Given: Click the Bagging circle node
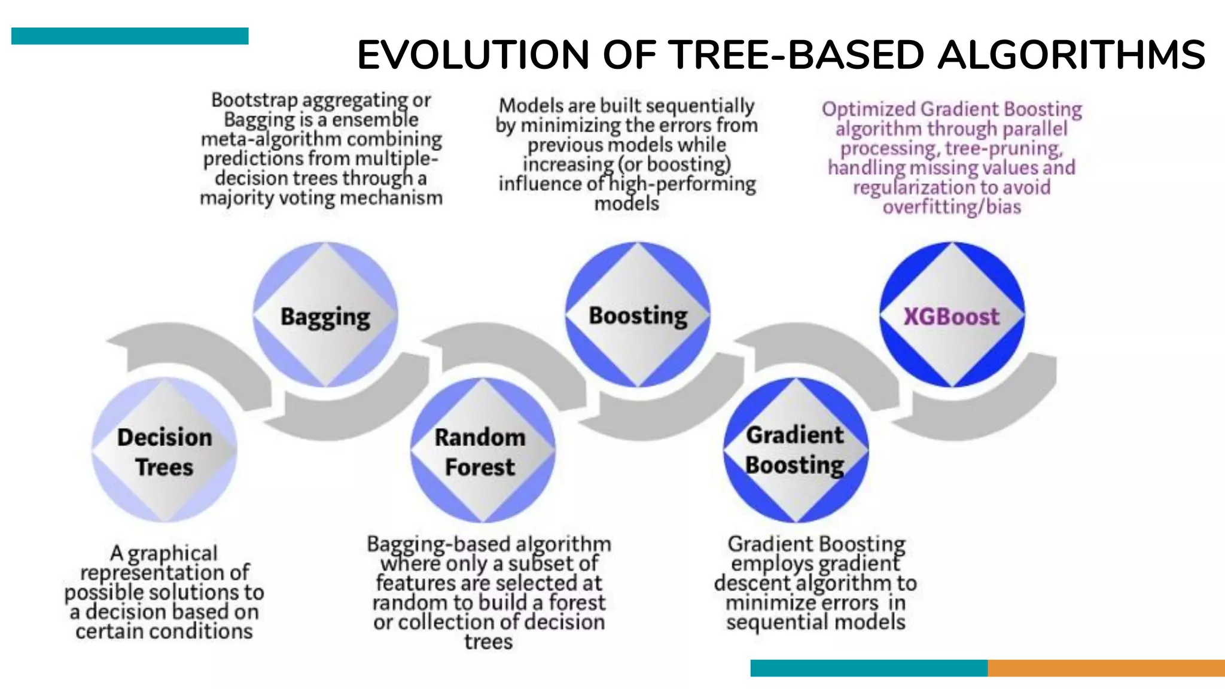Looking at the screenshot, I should pyautogui.click(x=325, y=315).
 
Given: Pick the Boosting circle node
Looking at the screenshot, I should pyautogui.click(x=638, y=315).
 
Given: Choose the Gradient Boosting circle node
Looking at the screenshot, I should pyautogui.click(x=796, y=450).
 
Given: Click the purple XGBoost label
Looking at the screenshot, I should pyautogui.click(x=951, y=316).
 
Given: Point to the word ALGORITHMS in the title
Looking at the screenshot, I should pyautogui.click(x=1071, y=55).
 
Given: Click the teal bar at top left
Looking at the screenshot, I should pyautogui.click(x=130, y=36).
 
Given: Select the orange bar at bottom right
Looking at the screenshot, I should pyautogui.click(x=1106, y=668).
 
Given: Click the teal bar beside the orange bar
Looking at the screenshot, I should pyautogui.click(x=869, y=668).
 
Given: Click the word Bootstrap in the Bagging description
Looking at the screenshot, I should pyautogui.click(x=254, y=100).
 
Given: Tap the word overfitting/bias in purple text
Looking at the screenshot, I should pyautogui.click(x=952, y=207).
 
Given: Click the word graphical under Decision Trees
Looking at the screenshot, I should pyautogui.click(x=172, y=553).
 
